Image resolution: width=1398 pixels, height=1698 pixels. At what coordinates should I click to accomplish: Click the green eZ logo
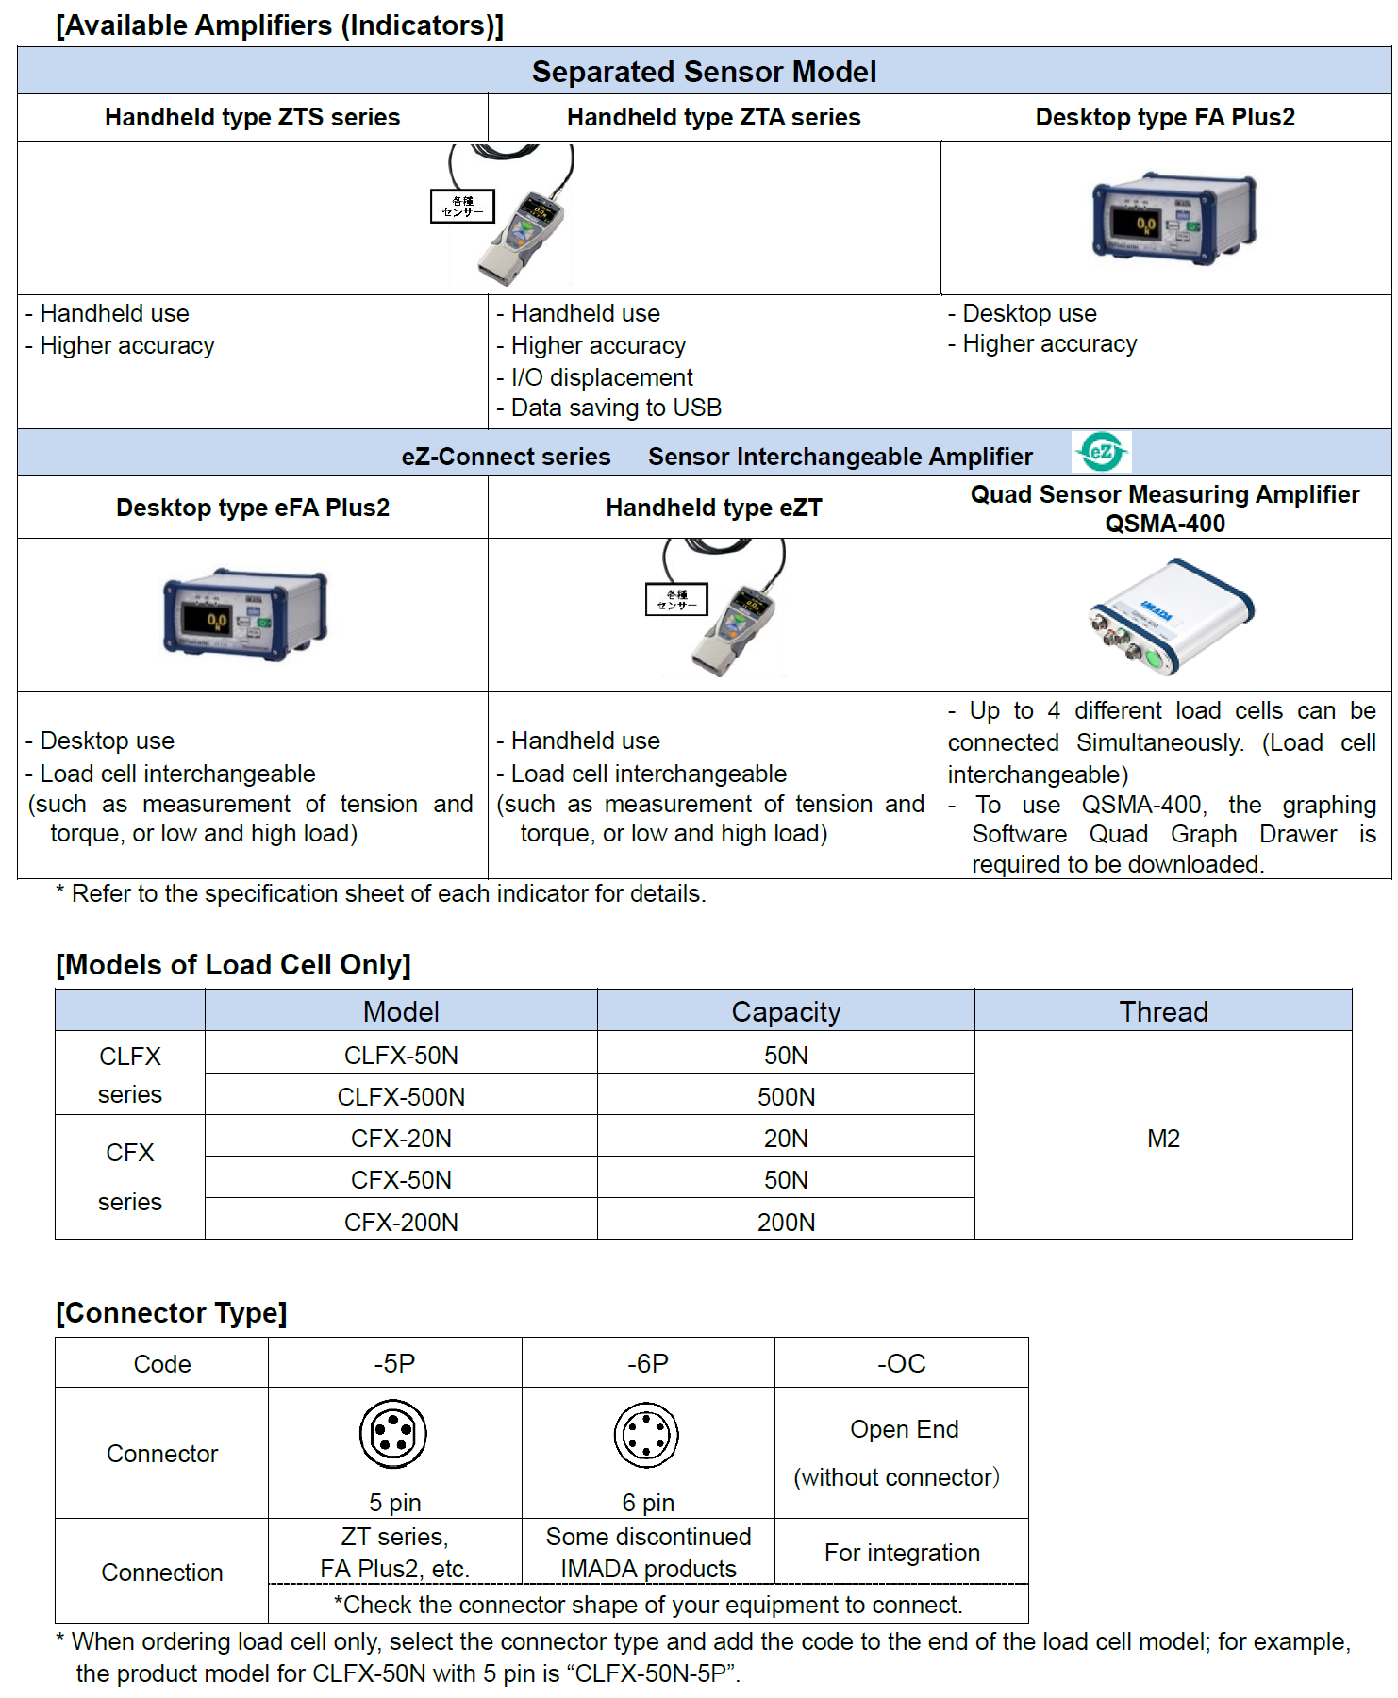(1101, 452)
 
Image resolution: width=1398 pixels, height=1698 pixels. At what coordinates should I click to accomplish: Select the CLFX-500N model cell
(401, 1097)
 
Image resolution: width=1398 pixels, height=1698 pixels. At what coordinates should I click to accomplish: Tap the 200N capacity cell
(786, 1223)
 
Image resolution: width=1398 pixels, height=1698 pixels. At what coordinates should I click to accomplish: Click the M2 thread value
(1163, 1139)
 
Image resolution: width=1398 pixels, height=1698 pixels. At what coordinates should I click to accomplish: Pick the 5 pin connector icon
(393, 1435)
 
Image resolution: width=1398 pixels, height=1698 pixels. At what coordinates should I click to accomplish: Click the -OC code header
(902, 1363)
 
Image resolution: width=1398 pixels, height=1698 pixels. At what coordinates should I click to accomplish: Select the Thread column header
(1163, 1011)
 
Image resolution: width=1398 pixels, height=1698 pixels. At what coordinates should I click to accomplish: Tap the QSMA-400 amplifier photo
(1170, 616)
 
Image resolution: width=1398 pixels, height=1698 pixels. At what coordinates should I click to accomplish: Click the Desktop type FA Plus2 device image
(1173, 218)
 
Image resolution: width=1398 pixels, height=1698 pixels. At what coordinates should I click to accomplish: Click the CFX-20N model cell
(401, 1139)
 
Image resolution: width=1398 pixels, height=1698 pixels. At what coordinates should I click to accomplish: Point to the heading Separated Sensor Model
(704, 72)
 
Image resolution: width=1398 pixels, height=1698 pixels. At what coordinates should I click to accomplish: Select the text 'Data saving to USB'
(616, 408)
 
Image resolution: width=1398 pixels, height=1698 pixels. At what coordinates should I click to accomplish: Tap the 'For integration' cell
(902, 1553)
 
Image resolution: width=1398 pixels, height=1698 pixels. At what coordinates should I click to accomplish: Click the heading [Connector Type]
(172, 1312)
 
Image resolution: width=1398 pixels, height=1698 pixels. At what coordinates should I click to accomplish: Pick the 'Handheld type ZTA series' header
(713, 117)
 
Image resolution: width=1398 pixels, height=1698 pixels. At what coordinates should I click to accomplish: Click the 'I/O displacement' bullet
(602, 377)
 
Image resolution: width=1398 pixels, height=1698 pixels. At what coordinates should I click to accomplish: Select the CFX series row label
(130, 1176)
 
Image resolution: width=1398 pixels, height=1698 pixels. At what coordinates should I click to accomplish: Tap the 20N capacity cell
(786, 1139)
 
